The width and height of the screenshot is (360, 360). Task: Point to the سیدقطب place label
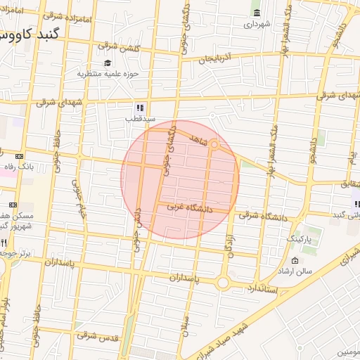140,119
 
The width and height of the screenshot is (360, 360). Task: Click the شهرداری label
257,24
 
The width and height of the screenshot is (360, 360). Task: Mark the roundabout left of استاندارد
223,283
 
